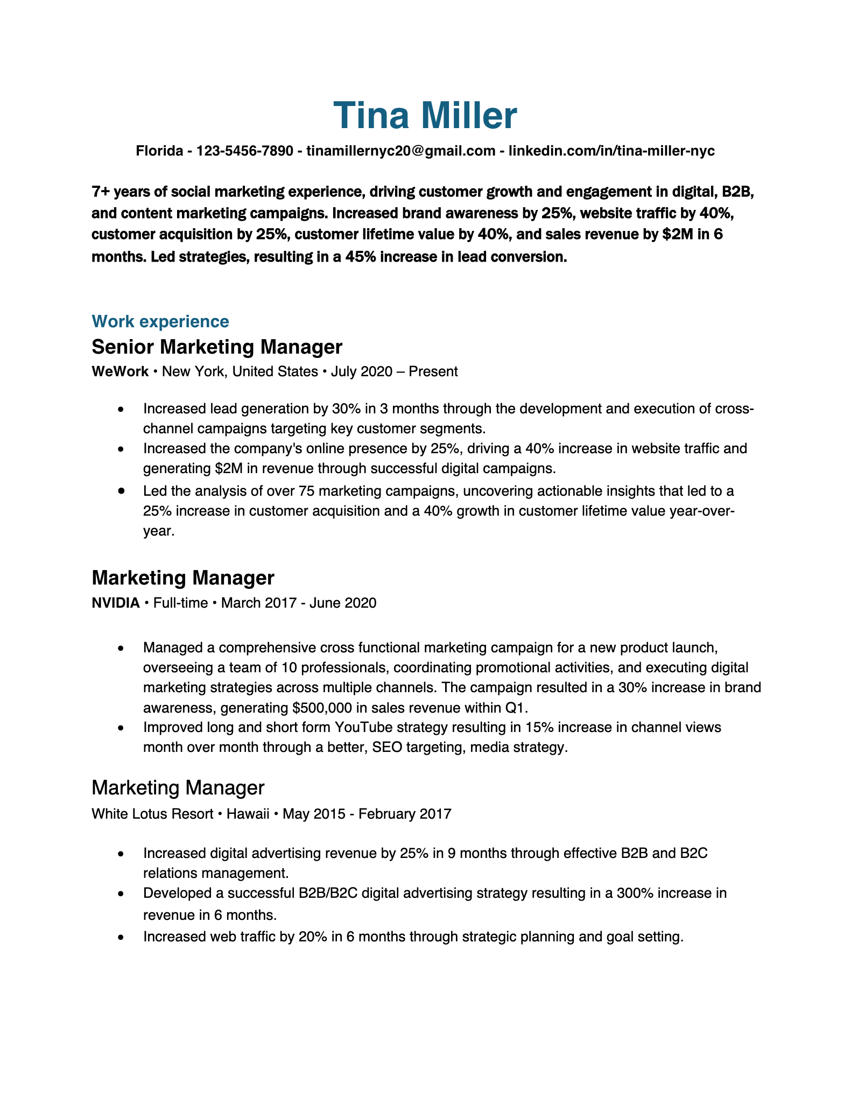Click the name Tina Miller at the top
tap(425, 116)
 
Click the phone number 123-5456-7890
tap(244, 151)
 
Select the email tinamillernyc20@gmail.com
tap(400, 151)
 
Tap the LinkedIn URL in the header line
tap(611, 151)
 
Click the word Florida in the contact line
tap(159, 151)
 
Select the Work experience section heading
tap(160, 322)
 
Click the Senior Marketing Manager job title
tap(217, 347)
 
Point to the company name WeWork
tap(120, 371)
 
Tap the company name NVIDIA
tap(116, 603)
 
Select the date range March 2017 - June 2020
tap(298, 603)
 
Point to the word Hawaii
tap(248, 813)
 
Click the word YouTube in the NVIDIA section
tap(363, 727)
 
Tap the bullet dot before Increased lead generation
tap(121, 410)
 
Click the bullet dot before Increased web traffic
tap(121, 937)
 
